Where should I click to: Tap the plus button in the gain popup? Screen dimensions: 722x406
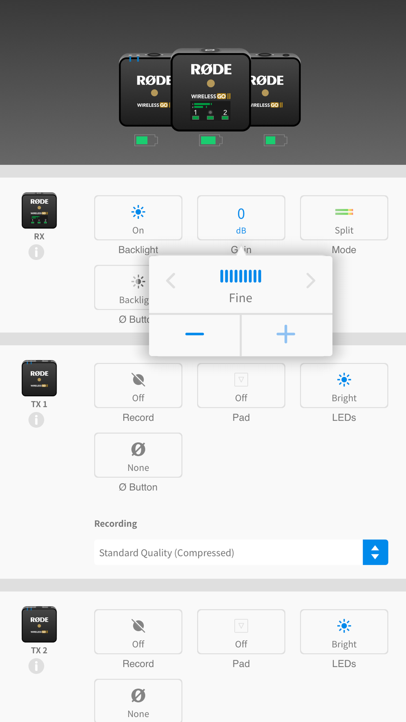[x=286, y=334]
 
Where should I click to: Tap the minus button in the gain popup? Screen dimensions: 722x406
[x=194, y=334]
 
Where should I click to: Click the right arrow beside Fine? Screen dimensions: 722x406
[x=311, y=281]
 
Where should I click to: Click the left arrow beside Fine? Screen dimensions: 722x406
[x=171, y=281]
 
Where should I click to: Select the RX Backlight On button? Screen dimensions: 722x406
[x=138, y=218]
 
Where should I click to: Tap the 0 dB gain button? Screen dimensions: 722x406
[x=241, y=218]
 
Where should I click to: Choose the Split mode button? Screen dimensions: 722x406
[x=344, y=218]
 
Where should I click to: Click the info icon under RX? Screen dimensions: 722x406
[x=36, y=252]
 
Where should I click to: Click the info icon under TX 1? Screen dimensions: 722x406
[x=36, y=420]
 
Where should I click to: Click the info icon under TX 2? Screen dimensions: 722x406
[x=36, y=666]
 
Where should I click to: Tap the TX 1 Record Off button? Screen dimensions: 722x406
[x=138, y=386]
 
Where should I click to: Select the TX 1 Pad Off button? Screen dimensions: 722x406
[x=241, y=386]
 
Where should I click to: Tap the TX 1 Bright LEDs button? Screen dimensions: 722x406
[x=344, y=386]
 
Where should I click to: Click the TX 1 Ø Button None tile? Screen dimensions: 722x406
[x=138, y=455]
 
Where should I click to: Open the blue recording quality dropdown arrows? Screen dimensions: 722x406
[x=375, y=552]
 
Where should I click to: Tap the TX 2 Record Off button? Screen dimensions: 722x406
[x=138, y=632]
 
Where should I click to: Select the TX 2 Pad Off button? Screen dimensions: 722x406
[x=241, y=632]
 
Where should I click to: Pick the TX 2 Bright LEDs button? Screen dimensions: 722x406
[x=344, y=632]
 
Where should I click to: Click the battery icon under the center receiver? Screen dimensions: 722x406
[x=210, y=141]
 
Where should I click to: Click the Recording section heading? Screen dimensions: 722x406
[x=116, y=523]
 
